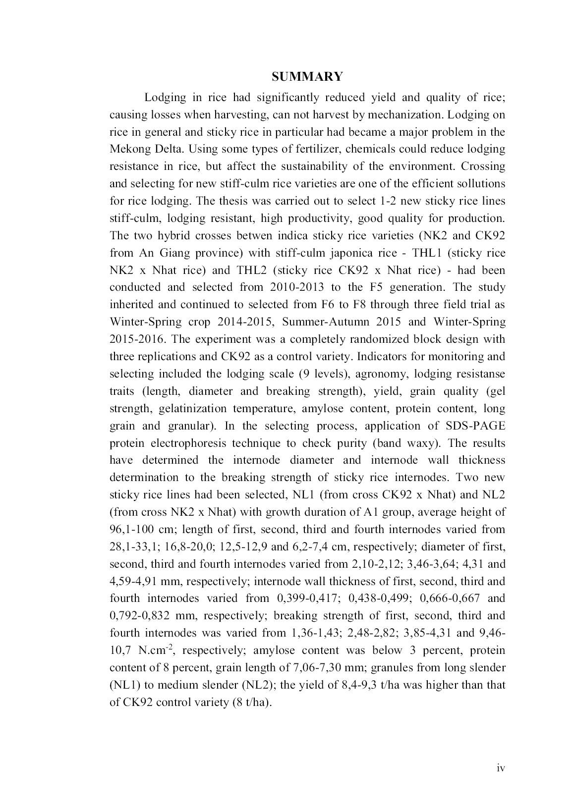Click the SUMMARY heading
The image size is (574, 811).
point(307,77)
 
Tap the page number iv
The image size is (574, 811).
point(501,768)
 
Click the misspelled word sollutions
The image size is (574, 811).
point(476,184)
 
